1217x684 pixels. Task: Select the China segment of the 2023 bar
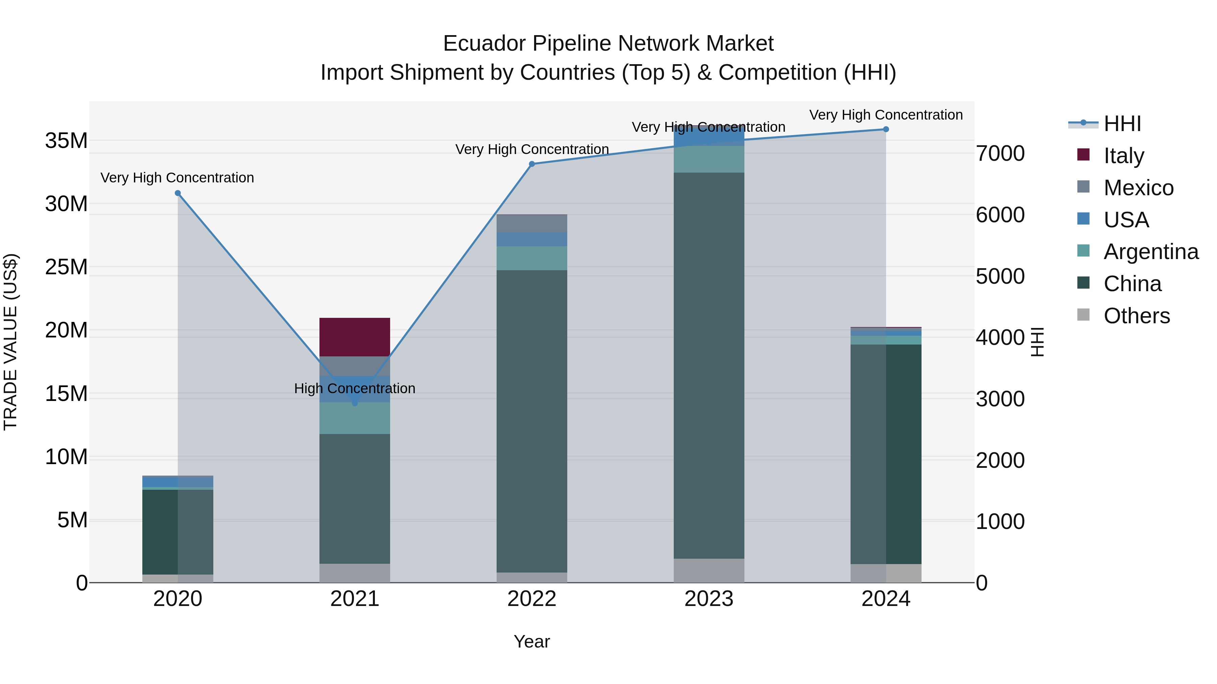click(709, 365)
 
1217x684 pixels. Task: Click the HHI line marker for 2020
click(177, 193)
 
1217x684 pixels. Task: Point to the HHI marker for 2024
click(886, 129)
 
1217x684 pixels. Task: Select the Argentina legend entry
click(1150, 252)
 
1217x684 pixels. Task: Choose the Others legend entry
click(1136, 316)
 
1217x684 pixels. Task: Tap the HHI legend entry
click(1122, 124)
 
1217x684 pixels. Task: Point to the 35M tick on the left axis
click(66, 141)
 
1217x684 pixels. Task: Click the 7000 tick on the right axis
click(1000, 153)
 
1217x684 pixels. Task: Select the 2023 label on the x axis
click(709, 599)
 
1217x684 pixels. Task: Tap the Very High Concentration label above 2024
click(886, 115)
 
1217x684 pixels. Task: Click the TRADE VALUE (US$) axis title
click(10, 342)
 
